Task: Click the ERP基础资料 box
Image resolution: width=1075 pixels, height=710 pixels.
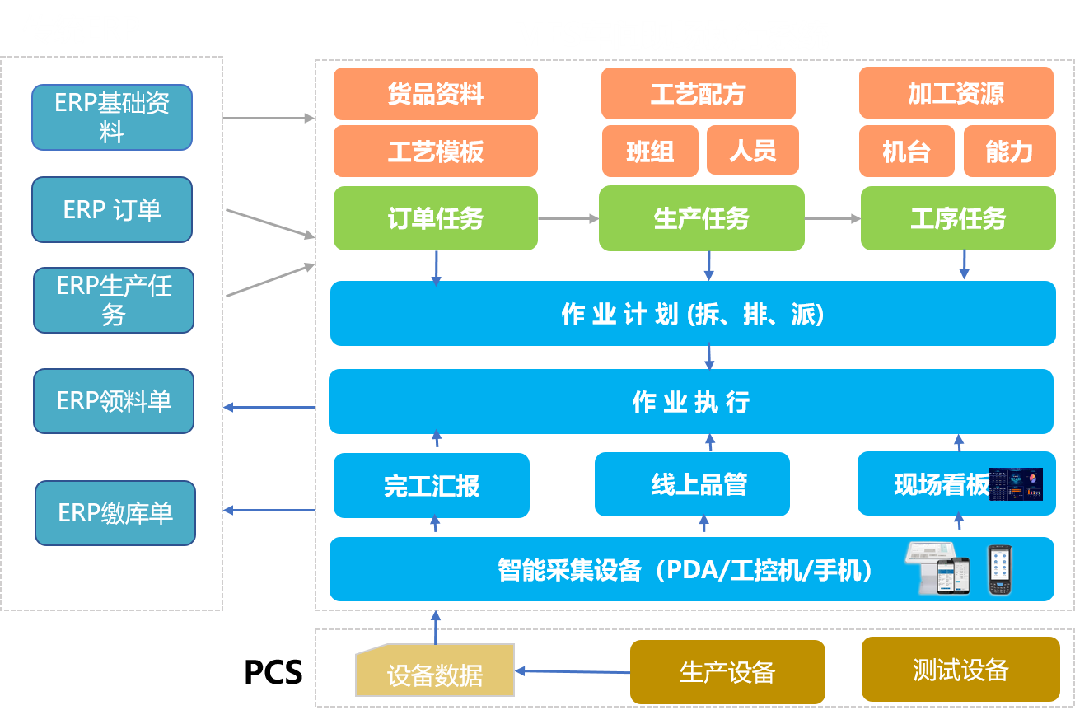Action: pos(112,117)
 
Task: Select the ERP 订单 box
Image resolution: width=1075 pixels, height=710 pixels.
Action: pos(112,210)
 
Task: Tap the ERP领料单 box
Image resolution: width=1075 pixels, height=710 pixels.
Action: pos(114,401)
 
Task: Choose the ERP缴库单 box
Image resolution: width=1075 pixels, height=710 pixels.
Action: pos(115,513)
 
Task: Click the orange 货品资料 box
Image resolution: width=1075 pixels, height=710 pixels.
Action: pos(435,94)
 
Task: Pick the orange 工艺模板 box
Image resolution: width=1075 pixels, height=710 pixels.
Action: pos(435,152)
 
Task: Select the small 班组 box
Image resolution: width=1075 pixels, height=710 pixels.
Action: pos(650,152)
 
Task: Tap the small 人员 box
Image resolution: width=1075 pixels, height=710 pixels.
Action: pos(753,151)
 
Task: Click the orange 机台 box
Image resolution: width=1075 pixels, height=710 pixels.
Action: pos(906,152)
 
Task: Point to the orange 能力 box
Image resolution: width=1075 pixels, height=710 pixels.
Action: pos(1009,152)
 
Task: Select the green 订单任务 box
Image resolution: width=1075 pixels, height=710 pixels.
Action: pos(435,218)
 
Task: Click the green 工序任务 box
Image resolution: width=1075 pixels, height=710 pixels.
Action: pos(958,218)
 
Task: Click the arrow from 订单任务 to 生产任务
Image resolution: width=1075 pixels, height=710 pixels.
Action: pos(568,218)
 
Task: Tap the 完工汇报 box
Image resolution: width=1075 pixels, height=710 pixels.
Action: pos(431,486)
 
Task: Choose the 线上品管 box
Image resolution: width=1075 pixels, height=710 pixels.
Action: pos(692,484)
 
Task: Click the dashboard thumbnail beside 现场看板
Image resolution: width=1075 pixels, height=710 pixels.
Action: pos(1016,484)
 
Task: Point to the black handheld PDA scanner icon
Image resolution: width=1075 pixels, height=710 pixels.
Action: pos(998,570)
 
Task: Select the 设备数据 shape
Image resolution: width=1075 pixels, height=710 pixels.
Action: pos(434,670)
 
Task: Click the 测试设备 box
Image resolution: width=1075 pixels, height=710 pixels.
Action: pos(960,670)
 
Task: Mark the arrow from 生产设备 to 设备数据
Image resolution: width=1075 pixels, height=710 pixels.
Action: pos(573,671)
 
